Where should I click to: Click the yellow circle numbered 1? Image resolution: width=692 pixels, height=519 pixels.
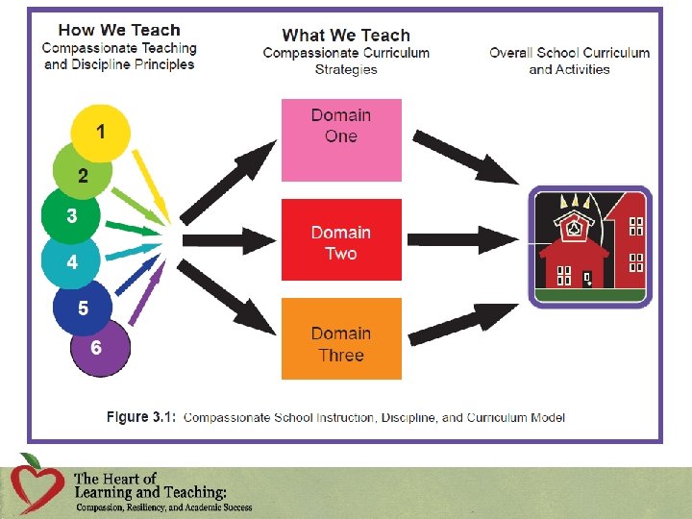pos(100,131)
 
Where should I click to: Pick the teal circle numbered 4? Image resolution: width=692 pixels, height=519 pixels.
pos(70,259)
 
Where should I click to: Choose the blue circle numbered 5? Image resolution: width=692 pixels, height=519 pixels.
pos(82,308)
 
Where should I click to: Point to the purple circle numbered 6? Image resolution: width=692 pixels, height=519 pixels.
pos(99,348)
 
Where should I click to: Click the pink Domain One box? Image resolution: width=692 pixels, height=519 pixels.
pos(341,139)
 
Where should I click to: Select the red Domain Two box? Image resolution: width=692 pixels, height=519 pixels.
pos(341,239)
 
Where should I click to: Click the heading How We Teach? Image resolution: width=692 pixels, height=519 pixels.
pos(119,30)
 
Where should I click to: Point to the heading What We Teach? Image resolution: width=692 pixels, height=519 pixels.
pos(346,36)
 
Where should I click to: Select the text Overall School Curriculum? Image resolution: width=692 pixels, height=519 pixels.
pos(569,53)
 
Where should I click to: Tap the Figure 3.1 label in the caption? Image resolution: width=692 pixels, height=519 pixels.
pos(140,417)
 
